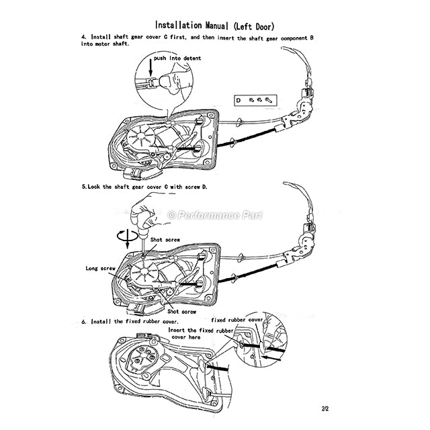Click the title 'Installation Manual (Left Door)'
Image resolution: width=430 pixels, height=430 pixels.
(214, 26)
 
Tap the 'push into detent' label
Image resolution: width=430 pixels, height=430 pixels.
(177, 58)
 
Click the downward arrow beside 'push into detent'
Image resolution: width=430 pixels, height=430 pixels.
(150, 69)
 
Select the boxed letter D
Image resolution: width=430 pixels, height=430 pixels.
(238, 100)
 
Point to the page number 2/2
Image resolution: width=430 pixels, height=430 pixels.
(325, 408)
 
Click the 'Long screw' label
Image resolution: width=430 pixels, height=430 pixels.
(100, 268)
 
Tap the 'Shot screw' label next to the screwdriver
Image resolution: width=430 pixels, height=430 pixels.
(165, 240)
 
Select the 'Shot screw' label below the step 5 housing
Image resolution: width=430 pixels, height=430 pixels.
(182, 312)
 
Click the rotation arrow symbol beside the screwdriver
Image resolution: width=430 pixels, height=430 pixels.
(127, 235)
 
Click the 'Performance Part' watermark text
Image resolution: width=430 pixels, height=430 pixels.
(215, 215)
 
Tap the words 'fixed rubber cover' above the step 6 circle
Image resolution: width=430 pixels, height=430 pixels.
(237, 320)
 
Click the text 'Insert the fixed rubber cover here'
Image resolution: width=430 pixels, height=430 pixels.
(200, 333)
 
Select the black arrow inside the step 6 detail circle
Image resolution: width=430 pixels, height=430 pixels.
(271, 357)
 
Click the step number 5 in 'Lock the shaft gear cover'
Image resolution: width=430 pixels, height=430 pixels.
(83, 187)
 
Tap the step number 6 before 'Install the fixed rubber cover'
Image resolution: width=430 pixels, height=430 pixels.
(83, 321)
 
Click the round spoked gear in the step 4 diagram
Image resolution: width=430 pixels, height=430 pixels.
(142, 136)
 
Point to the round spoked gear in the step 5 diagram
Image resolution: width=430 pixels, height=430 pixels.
(144, 271)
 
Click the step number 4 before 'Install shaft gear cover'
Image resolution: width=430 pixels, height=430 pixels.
(83, 37)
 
